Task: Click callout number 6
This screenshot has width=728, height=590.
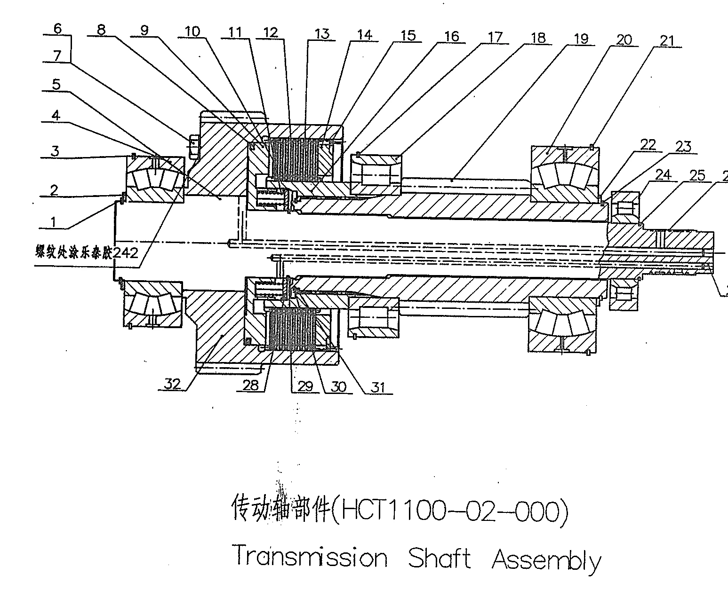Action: [x=57, y=28]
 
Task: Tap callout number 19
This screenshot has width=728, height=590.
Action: [x=581, y=39]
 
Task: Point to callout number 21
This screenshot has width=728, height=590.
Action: [x=667, y=41]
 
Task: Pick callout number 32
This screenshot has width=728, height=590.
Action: [x=172, y=384]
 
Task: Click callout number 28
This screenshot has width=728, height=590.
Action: [x=250, y=385]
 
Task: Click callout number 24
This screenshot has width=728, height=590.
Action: [x=663, y=175]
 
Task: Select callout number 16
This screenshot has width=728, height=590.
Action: [x=451, y=36]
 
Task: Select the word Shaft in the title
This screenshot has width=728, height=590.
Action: [x=439, y=559]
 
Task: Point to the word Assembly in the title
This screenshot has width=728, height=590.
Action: [x=546, y=559]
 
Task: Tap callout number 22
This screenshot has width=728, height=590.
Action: [x=648, y=145]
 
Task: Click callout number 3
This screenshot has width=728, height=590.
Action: [x=56, y=151]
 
